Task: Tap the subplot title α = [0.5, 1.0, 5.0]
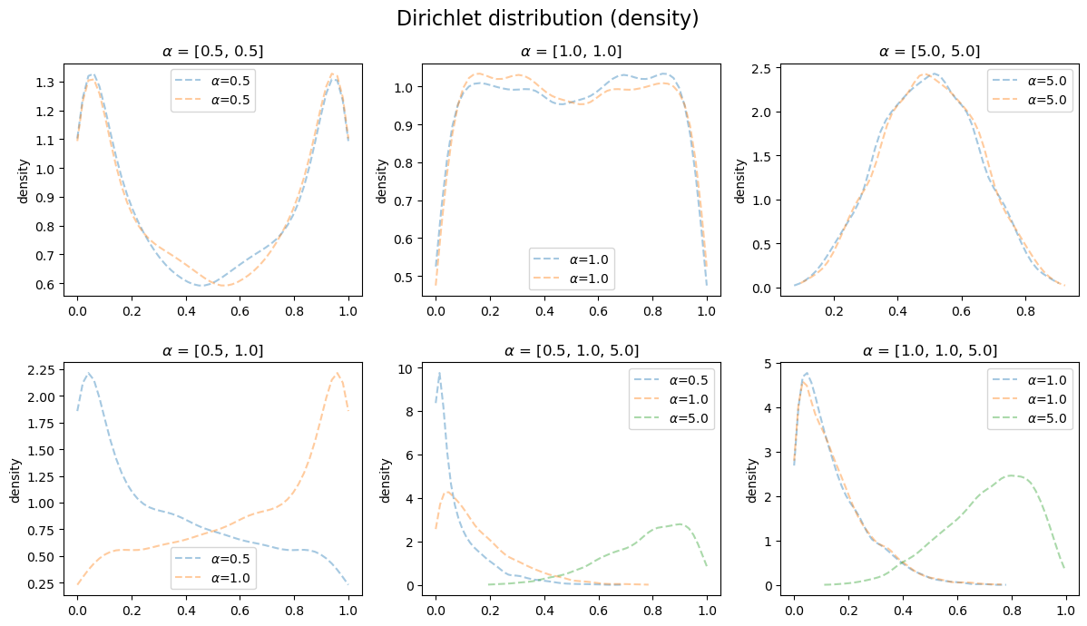[571, 350]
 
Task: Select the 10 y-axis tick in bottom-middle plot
[407, 368]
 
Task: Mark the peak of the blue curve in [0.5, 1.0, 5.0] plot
[440, 373]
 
